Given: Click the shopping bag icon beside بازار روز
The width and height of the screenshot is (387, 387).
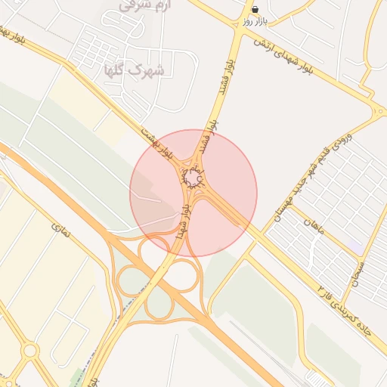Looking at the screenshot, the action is pos(255,10).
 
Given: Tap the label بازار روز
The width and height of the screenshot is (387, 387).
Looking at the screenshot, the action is pos(255,21).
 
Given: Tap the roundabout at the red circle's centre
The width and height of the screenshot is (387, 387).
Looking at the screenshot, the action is pos(193,178).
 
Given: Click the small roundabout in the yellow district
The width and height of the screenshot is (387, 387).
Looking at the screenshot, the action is pos(30,350).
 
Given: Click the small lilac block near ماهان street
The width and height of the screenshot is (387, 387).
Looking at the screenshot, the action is pos(354,247).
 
